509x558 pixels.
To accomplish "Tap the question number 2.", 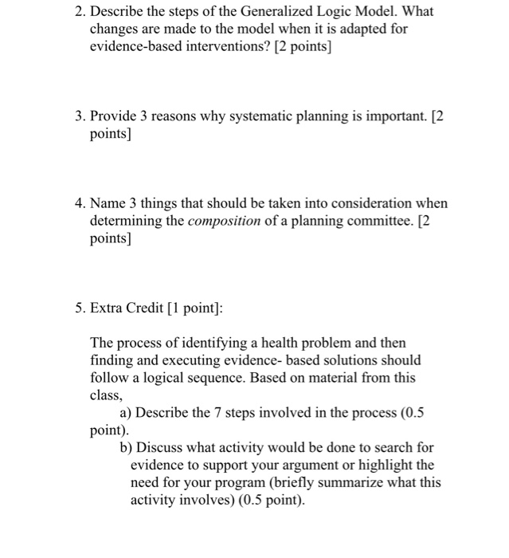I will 76,13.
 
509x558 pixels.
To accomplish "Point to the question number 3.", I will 76,116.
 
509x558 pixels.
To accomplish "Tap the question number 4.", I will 76,203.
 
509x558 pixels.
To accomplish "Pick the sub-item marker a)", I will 126,412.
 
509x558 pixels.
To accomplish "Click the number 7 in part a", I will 225,412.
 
